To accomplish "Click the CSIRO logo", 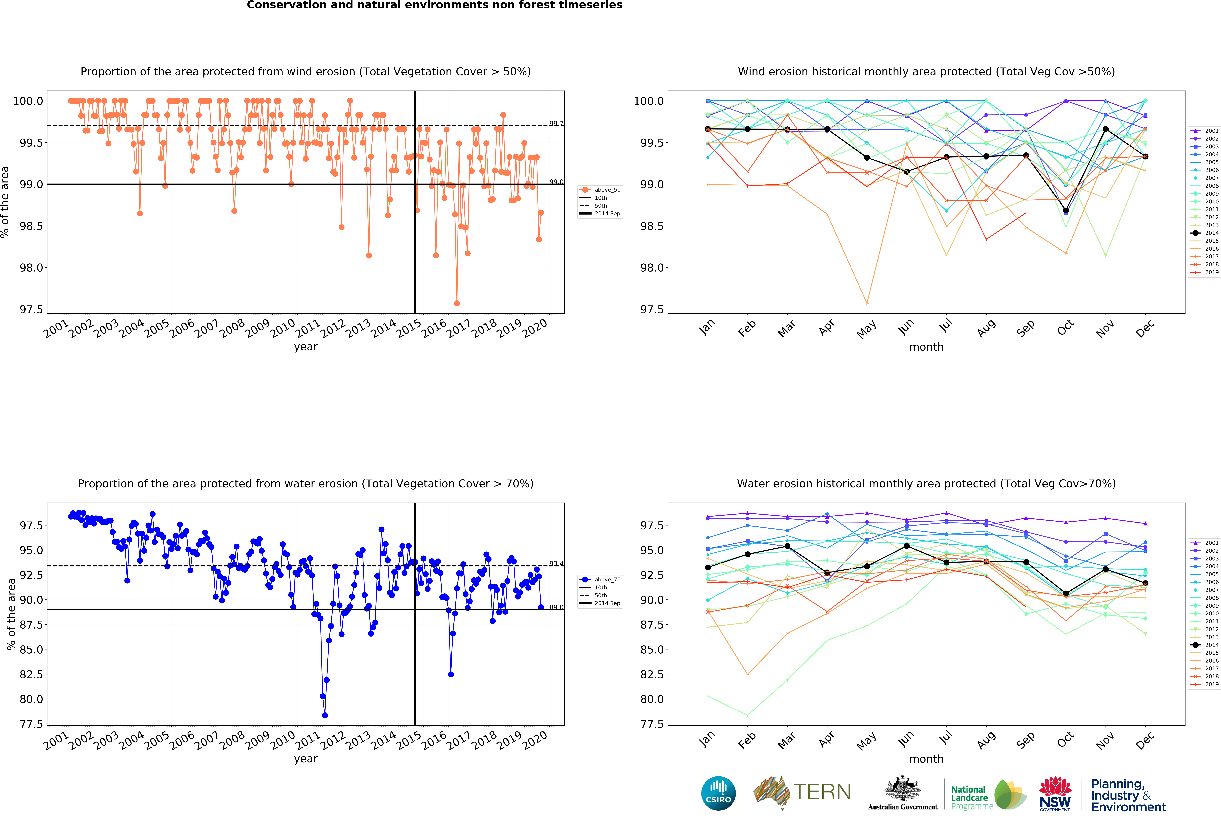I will tap(718, 793).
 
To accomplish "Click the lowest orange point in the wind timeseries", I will tap(457, 303).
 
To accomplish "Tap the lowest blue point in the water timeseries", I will tap(325, 715).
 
